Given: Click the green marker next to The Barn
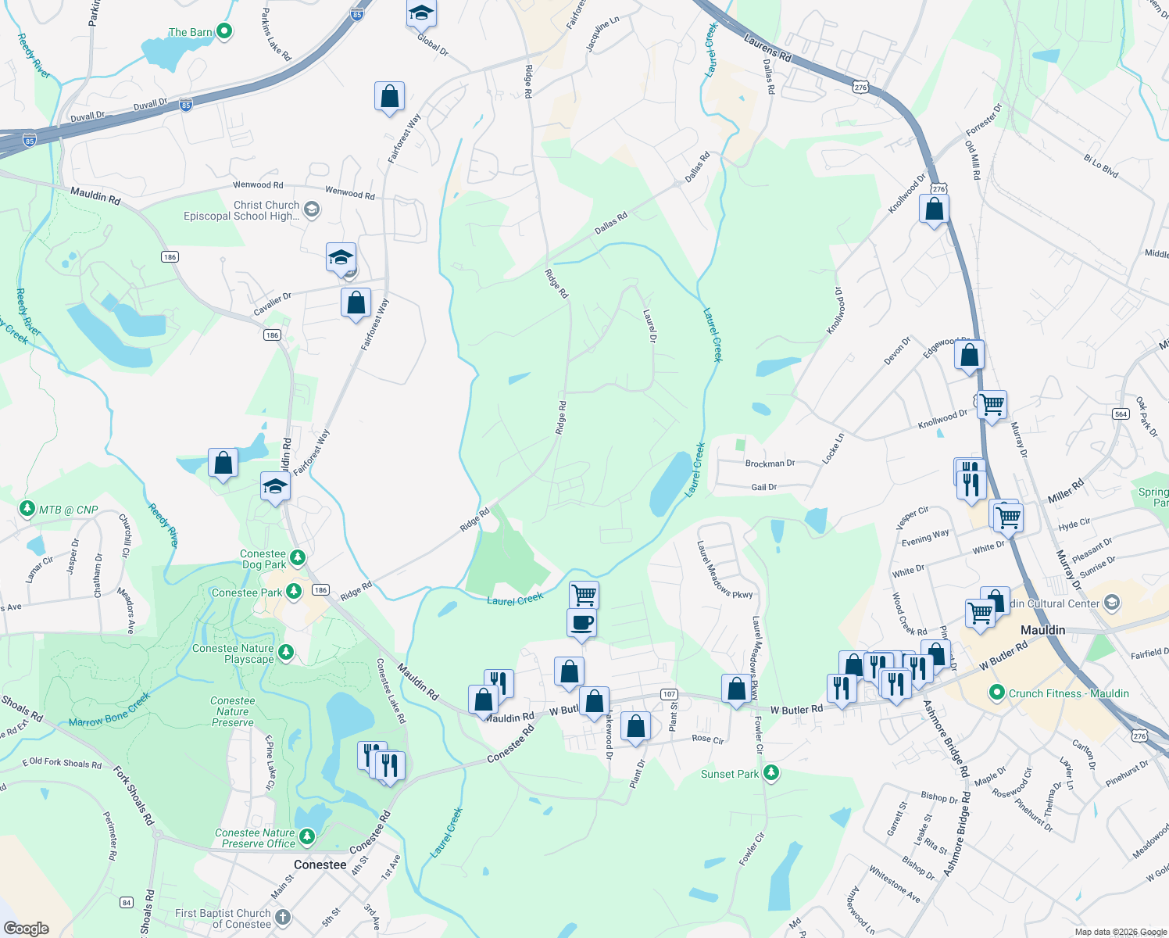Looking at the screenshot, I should click(x=224, y=31).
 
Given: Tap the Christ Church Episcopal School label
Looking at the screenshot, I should click(x=241, y=210).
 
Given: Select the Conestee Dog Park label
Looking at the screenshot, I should click(x=263, y=559).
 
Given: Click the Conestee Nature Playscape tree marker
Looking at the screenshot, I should click(x=286, y=652).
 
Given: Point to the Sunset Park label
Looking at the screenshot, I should click(x=729, y=774).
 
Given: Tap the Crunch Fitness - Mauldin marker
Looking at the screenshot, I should click(x=996, y=693).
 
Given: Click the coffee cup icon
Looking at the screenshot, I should click(x=581, y=624).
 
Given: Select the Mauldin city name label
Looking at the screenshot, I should click(x=1042, y=630).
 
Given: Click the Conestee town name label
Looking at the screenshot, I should click(x=320, y=865).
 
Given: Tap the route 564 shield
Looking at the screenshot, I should click(x=1121, y=414).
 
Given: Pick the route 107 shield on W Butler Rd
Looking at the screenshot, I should click(x=669, y=694).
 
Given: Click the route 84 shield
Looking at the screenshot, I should click(x=127, y=903).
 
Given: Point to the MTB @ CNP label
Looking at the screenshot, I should click(x=69, y=510).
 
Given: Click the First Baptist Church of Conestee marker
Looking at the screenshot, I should click(x=283, y=917).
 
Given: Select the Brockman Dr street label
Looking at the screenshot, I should click(x=770, y=464).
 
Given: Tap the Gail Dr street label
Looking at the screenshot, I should click(x=763, y=487).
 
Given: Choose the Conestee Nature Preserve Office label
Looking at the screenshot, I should click(x=255, y=838).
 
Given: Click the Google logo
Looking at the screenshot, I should click(x=27, y=928).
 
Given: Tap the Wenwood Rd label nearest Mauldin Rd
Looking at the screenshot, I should click(x=258, y=184).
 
